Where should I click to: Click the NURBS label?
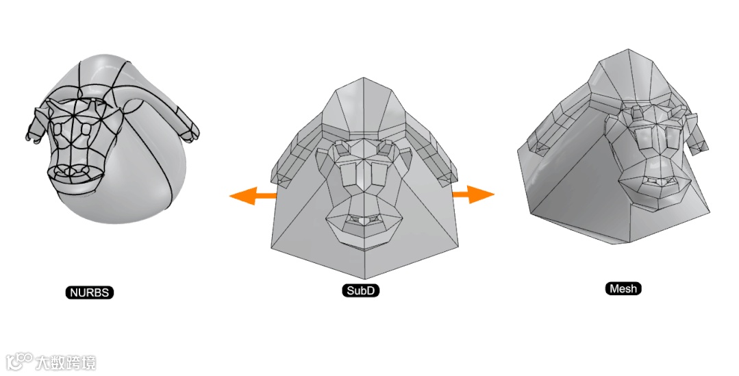click(90, 292)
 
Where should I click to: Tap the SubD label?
click(360, 290)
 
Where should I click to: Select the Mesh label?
click(623, 288)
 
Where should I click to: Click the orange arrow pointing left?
click(253, 196)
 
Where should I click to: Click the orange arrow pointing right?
click(473, 194)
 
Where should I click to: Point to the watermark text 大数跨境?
click(66, 363)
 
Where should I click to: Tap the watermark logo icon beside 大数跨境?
click(20, 362)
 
